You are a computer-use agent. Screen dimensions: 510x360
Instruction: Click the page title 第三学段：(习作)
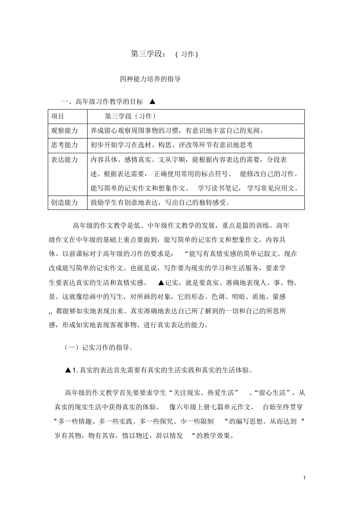[x=164, y=54]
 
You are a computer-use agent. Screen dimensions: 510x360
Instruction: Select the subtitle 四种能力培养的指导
[x=150, y=79]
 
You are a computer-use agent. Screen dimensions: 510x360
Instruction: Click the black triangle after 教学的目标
[x=153, y=102]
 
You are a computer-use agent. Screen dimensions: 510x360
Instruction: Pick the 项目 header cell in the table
[x=58, y=116]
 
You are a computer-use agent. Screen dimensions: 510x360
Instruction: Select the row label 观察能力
[x=65, y=130]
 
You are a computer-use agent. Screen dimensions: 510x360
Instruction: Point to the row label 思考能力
[x=65, y=145]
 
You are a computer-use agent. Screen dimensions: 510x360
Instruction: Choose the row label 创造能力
[x=65, y=203]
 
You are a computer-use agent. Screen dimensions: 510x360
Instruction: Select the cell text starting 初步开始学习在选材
[x=171, y=145]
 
